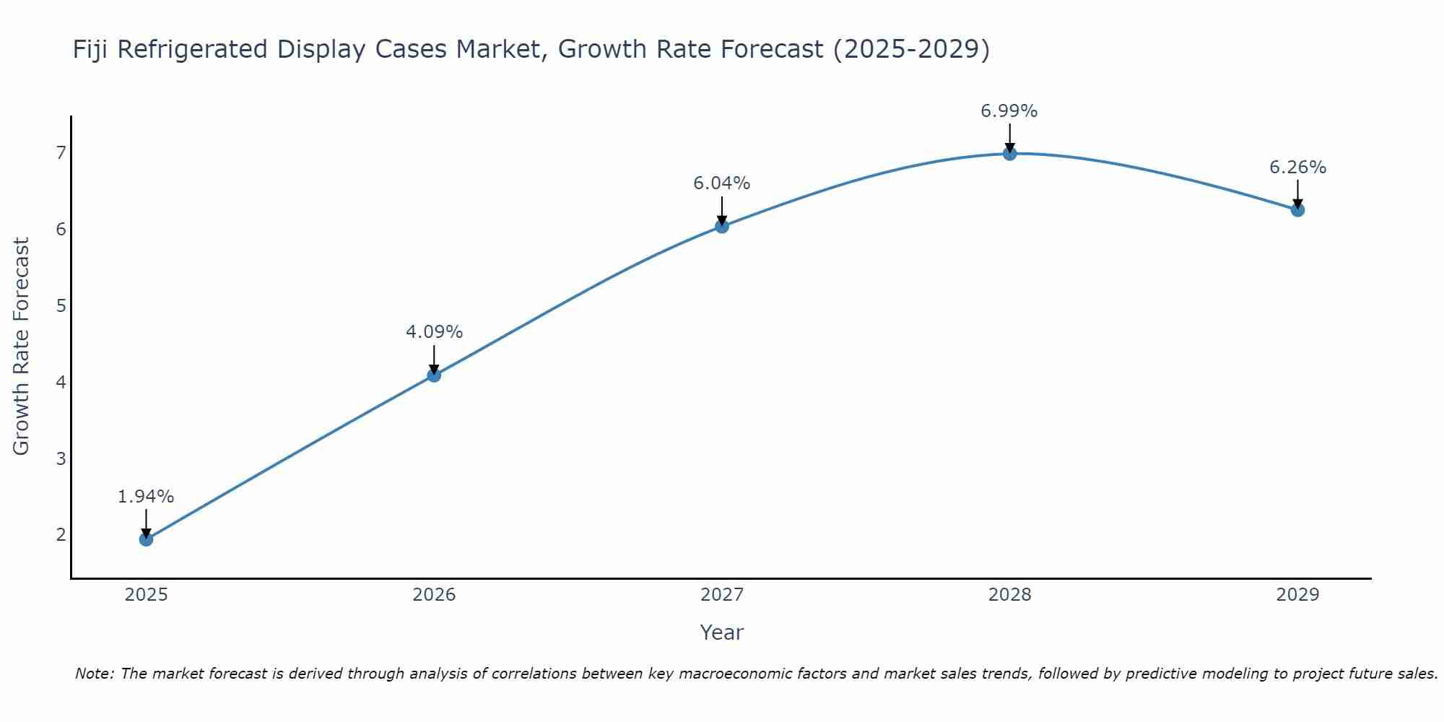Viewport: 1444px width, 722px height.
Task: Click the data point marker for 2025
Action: [x=146, y=539]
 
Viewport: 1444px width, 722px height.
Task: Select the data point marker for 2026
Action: [x=434, y=375]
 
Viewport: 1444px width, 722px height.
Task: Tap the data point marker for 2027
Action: [x=721, y=226]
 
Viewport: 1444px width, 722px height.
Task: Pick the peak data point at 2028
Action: [x=1009, y=153]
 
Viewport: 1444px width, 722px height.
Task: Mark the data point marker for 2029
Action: [x=1297, y=210]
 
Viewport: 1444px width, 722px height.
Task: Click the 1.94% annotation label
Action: [x=146, y=497]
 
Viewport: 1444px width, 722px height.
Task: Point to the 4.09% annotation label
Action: [x=434, y=332]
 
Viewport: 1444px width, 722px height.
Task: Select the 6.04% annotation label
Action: [x=721, y=183]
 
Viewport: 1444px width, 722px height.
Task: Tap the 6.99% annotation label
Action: [x=1009, y=111]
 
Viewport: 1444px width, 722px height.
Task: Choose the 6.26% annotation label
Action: [x=1297, y=168]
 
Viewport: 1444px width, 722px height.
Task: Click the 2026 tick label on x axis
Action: [x=434, y=595]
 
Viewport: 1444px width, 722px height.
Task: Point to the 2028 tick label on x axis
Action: [x=1009, y=595]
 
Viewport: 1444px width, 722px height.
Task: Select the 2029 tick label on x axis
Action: [x=1297, y=595]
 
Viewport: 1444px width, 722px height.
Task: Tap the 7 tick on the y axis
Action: [x=61, y=152]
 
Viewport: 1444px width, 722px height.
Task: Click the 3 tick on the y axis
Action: [x=61, y=458]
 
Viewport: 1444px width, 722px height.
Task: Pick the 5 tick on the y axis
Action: [x=61, y=305]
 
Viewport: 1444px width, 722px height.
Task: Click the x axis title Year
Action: [x=721, y=632]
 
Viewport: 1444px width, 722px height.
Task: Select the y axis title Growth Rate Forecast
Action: [x=22, y=347]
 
